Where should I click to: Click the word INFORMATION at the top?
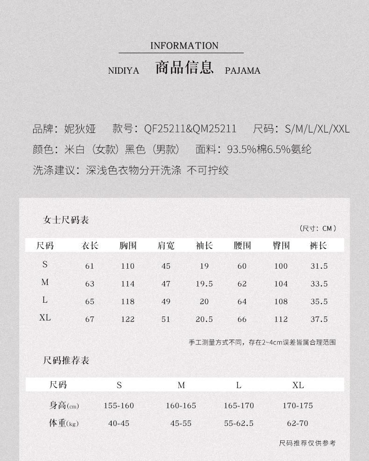184,46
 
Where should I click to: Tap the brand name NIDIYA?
124,71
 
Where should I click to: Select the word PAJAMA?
242,71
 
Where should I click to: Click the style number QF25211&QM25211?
190,129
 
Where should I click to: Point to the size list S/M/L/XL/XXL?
317,129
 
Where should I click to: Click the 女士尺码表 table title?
66,220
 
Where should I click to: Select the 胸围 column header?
128,245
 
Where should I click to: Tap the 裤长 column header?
318,245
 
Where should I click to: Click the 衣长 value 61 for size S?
90,266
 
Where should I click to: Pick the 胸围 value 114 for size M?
128,284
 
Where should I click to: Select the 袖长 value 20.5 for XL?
204,319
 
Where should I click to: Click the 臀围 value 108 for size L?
281,301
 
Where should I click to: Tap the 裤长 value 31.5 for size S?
319,266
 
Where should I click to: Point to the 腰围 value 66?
241,319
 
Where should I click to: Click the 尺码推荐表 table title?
66,361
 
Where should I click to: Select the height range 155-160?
119,405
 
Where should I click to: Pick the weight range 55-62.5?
239,423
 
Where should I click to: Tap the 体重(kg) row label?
64,423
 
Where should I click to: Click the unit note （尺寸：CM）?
318,228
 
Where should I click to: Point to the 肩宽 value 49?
166,301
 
